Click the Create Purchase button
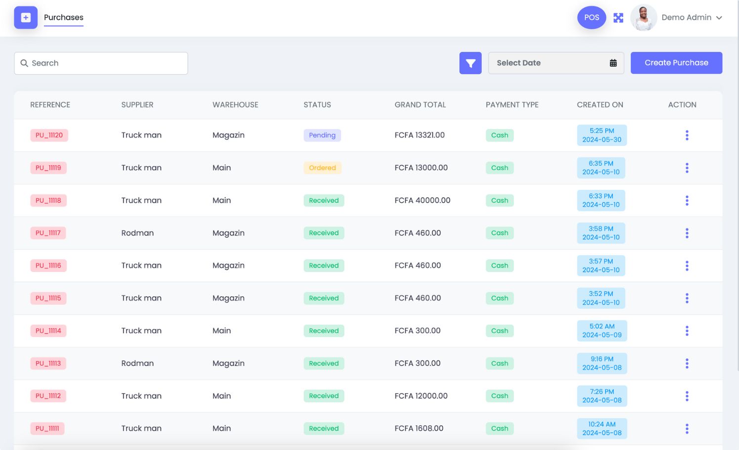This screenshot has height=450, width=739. click(x=676, y=63)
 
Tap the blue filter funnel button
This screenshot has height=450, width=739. click(x=470, y=63)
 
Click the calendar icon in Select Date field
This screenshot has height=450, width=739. click(x=613, y=63)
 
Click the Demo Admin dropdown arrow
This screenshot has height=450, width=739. click(x=719, y=18)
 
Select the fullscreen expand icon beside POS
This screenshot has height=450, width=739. click(x=618, y=18)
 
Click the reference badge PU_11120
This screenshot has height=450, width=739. click(x=49, y=135)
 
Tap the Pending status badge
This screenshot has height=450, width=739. click(x=322, y=135)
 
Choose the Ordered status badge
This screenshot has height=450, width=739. click(x=322, y=168)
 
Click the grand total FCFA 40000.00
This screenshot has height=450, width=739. click(x=422, y=200)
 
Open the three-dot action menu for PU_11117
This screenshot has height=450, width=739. click(x=687, y=233)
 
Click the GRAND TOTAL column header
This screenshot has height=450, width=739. click(x=420, y=105)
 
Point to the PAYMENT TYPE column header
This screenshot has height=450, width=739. click(x=512, y=105)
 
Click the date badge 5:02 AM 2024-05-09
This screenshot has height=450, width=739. click(x=602, y=331)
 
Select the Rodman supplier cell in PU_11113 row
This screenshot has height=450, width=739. click(x=137, y=363)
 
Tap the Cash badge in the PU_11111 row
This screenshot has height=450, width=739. click(x=499, y=428)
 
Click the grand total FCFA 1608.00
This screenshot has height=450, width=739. click(x=419, y=428)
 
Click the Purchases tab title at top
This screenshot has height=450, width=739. click(x=64, y=17)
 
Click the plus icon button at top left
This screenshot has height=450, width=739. click(x=26, y=17)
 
